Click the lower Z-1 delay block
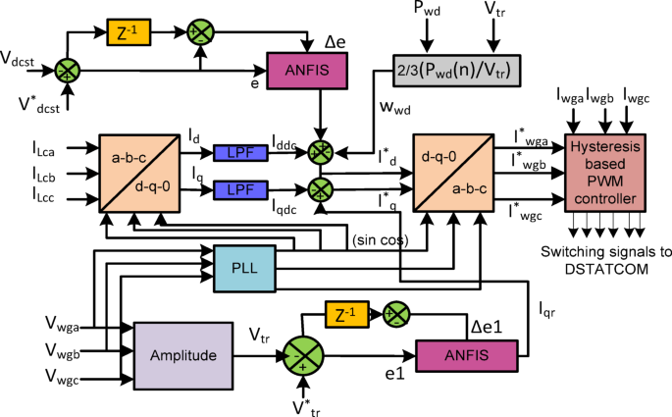coord(345,315)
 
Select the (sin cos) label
coord(378,238)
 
